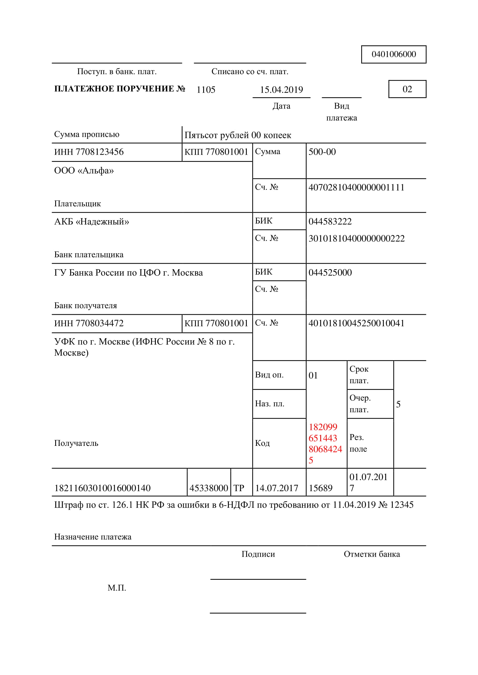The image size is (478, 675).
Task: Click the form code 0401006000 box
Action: point(394,54)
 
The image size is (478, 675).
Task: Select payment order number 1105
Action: point(206,90)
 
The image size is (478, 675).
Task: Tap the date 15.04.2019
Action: point(281,90)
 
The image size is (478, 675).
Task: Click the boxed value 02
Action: point(407,89)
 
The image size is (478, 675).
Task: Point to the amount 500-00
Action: point(322,152)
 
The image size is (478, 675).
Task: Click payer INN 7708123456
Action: point(89,152)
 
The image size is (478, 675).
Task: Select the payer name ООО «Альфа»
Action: point(84,171)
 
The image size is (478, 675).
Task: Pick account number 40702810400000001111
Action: point(356,187)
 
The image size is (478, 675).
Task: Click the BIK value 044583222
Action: point(330,221)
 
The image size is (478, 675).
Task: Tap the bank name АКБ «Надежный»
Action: point(92,222)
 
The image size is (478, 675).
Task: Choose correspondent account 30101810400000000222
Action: point(356,238)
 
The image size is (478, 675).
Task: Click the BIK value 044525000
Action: point(330,272)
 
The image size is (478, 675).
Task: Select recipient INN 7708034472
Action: point(89,324)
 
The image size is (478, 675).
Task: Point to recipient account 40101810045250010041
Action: point(356,324)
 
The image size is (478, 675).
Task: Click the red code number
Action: point(325,443)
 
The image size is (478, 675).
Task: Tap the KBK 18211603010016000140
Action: point(102,488)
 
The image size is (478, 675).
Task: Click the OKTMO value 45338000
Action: point(209,488)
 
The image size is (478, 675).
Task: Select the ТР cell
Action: point(239,488)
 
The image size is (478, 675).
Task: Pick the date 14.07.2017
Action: point(276,488)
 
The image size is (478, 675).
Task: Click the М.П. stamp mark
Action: point(117,588)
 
